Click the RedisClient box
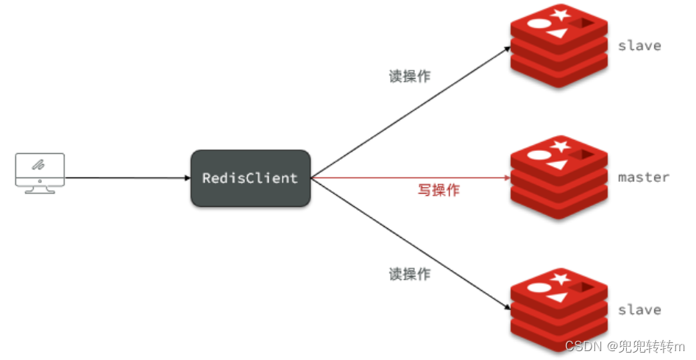click(250, 178)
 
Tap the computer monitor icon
click(40, 169)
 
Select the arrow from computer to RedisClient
click(125, 178)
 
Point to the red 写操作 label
click(438, 190)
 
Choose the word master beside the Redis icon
click(643, 177)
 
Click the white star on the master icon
click(562, 147)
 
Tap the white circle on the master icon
click(539, 156)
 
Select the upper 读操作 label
click(410, 77)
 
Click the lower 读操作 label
click(410, 275)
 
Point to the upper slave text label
click(639, 46)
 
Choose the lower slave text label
click(639, 310)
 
